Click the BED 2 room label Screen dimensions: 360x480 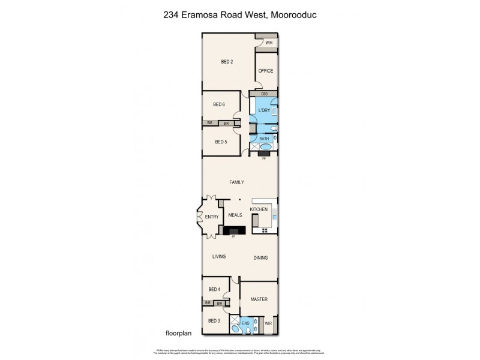pyautogui.click(x=227, y=62)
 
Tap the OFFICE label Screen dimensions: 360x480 pyautogui.click(x=266, y=71)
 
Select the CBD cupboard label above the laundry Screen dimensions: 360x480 pyautogui.click(x=264, y=94)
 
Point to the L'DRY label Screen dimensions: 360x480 pyautogui.click(x=263, y=111)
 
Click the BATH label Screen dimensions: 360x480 pyautogui.click(x=265, y=139)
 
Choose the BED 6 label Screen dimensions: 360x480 pyautogui.click(x=219, y=104)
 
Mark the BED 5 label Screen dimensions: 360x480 pyautogui.click(x=220, y=142)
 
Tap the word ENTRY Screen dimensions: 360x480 pyautogui.click(x=211, y=217)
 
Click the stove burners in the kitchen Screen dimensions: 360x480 pyautogui.click(x=264, y=230)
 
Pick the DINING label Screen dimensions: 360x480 pyautogui.click(x=260, y=258)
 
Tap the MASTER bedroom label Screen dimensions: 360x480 pyautogui.click(x=259, y=299)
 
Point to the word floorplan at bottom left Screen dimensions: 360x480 pyautogui.click(x=178, y=332)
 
